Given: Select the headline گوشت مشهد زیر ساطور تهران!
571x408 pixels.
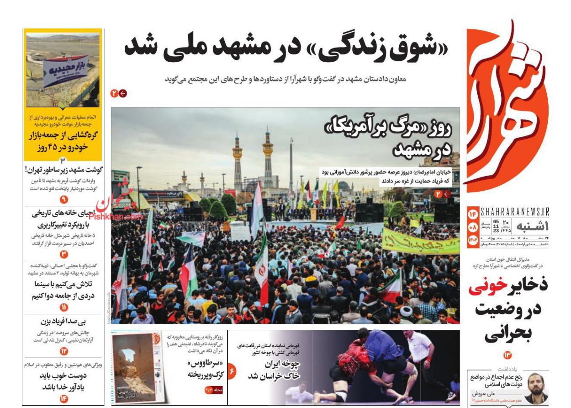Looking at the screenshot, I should point(63,170).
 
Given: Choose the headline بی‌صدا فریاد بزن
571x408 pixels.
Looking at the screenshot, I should point(64,321).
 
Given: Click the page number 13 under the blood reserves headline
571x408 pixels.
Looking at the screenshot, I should point(508,354).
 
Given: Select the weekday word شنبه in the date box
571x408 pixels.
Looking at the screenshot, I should point(532,226).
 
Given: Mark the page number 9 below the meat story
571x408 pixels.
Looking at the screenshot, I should point(63,199).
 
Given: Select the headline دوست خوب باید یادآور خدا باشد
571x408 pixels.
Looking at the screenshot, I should point(63,381).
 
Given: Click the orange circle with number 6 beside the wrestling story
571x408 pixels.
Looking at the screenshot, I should point(232,371).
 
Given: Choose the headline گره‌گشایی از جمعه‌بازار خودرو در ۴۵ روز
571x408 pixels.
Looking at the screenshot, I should point(63,141).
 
